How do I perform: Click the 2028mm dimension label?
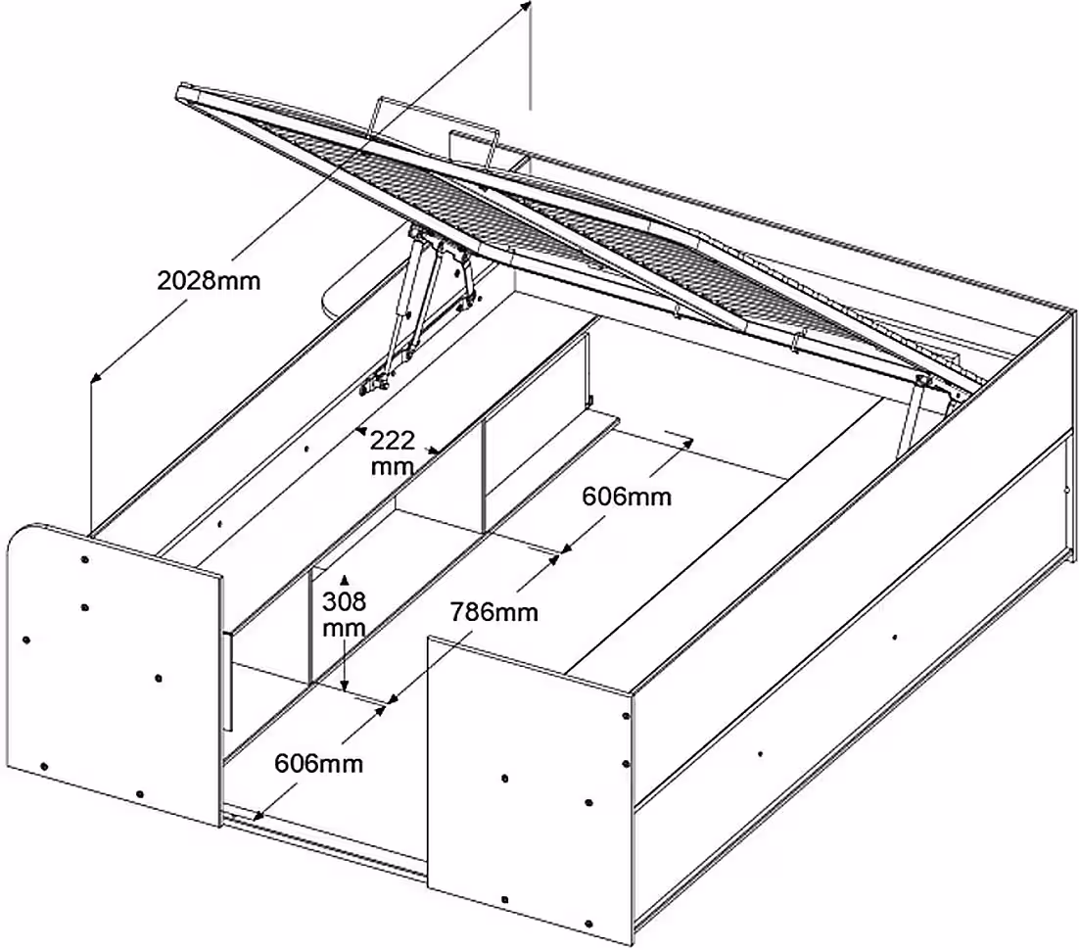click(x=210, y=281)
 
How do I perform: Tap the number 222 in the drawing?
click(x=392, y=439)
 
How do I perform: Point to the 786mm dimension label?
click(x=493, y=613)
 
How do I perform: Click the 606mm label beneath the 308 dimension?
click(x=318, y=763)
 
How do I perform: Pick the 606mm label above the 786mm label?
click(x=627, y=497)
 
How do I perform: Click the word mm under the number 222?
click(x=392, y=467)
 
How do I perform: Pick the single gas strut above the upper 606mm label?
click(x=913, y=411)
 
